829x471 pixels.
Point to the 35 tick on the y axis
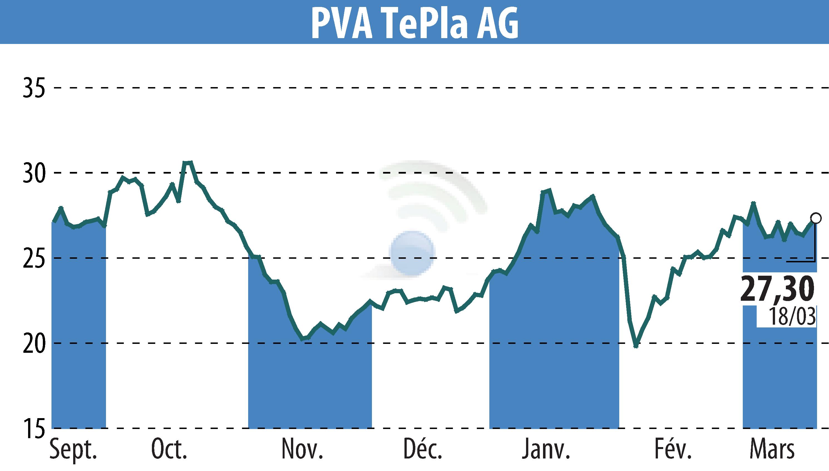pyautogui.click(x=33, y=88)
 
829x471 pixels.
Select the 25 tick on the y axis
pyautogui.click(x=33, y=258)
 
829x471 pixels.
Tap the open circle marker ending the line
pyautogui.click(x=816, y=218)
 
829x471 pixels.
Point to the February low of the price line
pyautogui.click(x=636, y=346)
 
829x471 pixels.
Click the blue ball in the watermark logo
pyautogui.click(x=412, y=253)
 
